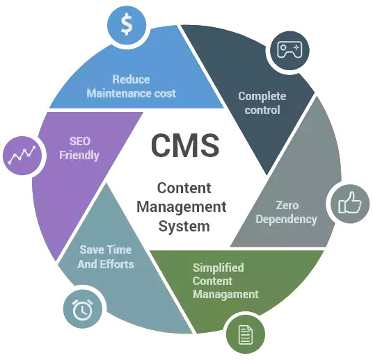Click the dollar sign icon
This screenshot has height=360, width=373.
pyautogui.click(x=127, y=24)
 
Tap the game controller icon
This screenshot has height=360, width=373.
pyautogui.click(x=289, y=49)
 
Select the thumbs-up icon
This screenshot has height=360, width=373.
pyautogui.click(x=350, y=203)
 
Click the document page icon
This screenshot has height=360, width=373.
pyautogui.click(x=246, y=334)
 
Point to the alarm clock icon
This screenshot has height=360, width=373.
pyautogui.click(x=83, y=309)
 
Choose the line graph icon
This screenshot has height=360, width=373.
pyautogui.click(x=22, y=155)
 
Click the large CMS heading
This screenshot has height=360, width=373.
pyautogui.click(x=185, y=145)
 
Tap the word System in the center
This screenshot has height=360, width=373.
pyautogui.click(x=184, y=226)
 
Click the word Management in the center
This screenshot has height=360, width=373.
pyautogui.click(x=182, y=206)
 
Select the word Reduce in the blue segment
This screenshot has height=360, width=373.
pyautogui.click(x=131, y=79)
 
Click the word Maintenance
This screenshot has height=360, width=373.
pyautogui.click(x=119, y=93)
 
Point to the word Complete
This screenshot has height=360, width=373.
pyautogui.click(x=262, y=97)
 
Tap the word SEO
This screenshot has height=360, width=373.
pyautogui.click(x=80, y=141)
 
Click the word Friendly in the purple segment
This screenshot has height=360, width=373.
pyautogui.click(x=79, y=155)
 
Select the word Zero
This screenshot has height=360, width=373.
pyautogui.click(x=287, y=205)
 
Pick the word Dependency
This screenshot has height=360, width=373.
pyautogui.click(x=286, y=220)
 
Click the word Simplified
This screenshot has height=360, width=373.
pyautogui.click(x=218, y=268)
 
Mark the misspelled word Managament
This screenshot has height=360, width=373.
pyautogui.click(x=225, y=295)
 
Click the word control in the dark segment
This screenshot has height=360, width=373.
pyautogui.click(x=262, y=111)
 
